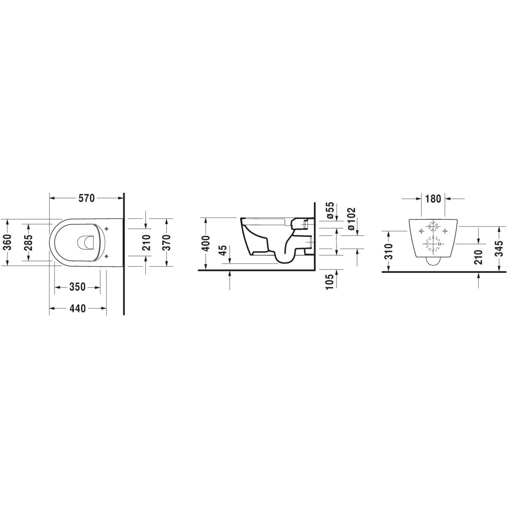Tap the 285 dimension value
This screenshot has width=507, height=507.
pos(29,243)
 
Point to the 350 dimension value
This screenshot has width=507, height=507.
pos(78,287)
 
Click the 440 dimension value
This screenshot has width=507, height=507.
pos(78,308)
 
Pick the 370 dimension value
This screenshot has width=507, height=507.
pos(166,243)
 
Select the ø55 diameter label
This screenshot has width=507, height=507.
pos(331,210)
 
